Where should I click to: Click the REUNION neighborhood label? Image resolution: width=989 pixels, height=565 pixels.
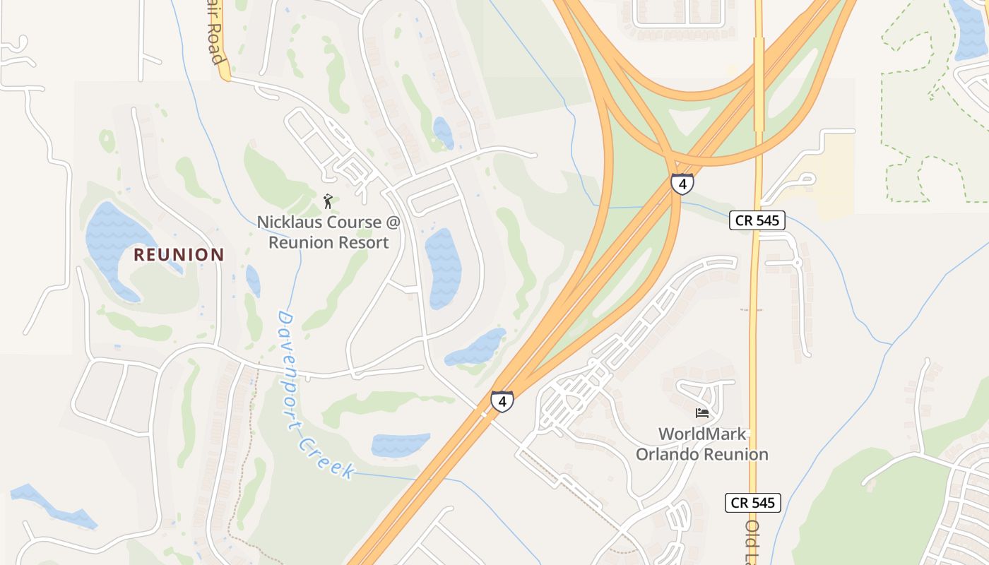click(x=179, y=254)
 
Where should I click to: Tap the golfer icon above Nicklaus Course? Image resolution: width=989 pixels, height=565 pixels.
click(x=328, y=202)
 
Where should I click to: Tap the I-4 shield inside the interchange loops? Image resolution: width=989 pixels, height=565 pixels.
click(x=682, y=184)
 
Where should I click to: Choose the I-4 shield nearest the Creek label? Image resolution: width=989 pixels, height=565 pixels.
click(x=502, y=401)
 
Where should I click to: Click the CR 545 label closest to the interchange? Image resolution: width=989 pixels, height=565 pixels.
click(x=757, y=220)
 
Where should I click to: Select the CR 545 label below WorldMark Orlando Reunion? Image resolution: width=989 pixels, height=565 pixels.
click(x=752, y=503)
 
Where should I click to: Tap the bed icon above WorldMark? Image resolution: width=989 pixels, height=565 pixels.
click(x=701, y=413)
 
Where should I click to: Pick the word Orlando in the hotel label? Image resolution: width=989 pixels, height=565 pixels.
click(x=671, y=454)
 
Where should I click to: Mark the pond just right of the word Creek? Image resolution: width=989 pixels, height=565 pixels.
click(x=400, y=444)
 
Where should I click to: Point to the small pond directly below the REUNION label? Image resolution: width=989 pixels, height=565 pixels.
click(x=253, y=280)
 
